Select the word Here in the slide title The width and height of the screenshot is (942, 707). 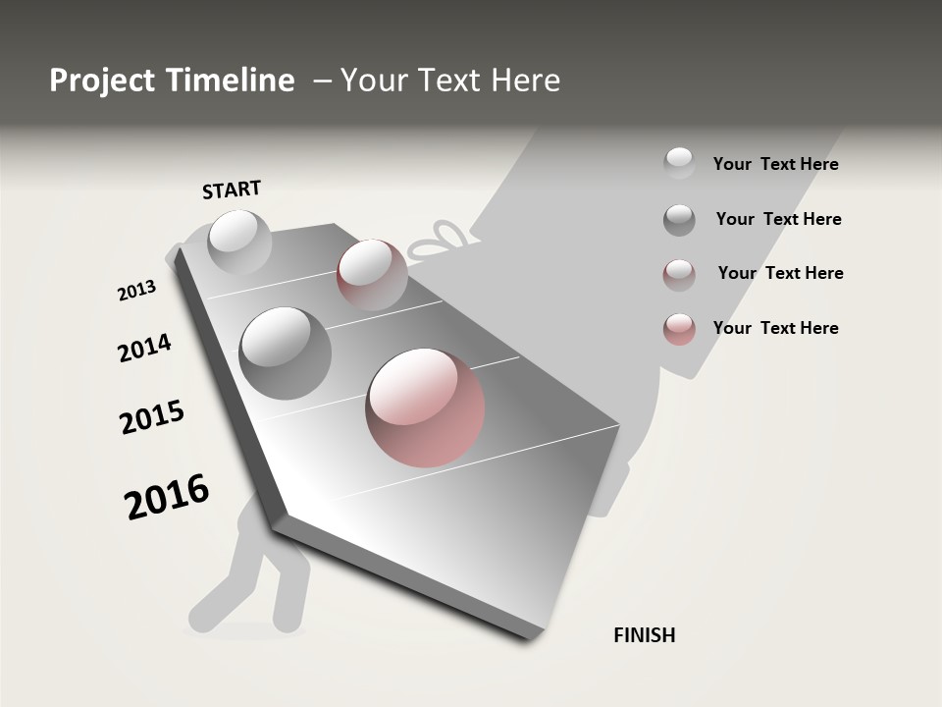point(525,81)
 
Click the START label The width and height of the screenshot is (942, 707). point(232,190)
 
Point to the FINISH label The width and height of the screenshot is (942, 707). point(644,635)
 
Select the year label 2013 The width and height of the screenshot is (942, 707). point(136,291)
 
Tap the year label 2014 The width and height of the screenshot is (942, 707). point(144,349)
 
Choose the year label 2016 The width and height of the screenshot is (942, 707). point(167,497)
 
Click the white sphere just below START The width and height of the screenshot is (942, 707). point(240,243)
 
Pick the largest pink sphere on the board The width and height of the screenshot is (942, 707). point(425,407)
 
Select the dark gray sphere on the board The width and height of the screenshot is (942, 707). point(285,353)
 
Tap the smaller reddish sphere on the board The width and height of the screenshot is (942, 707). point(372,275)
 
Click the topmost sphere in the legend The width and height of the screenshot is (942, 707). point(679,163)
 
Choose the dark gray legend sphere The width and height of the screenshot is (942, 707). point(679,220)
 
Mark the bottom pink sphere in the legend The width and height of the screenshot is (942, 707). point(679,329)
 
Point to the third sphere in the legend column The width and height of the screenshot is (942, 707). point(679,275)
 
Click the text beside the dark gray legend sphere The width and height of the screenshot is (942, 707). point(778,219)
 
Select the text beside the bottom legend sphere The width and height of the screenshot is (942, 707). point(775,328)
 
